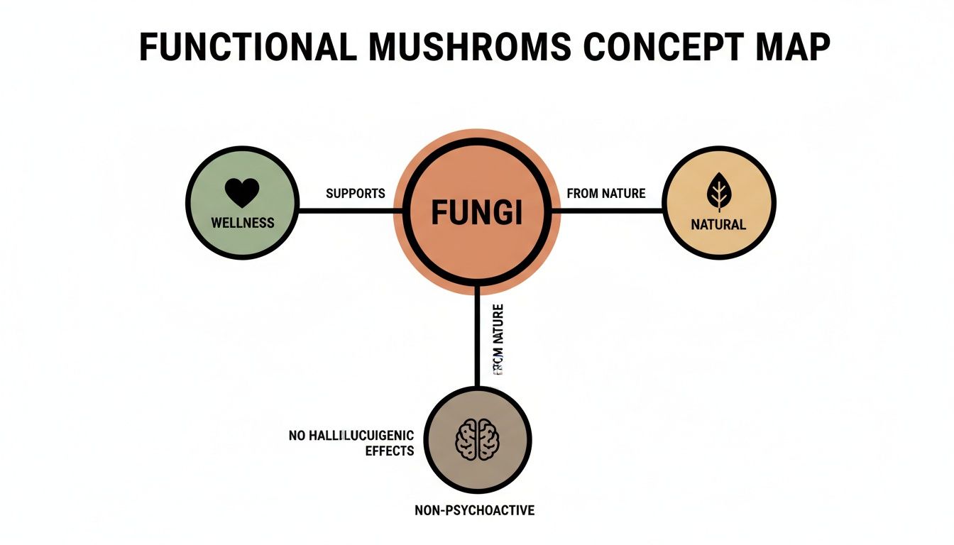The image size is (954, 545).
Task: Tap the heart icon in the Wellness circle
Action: (x=242, y=192)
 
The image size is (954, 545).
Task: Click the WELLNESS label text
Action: (x=242, y=223)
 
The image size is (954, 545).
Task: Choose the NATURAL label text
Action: (x=718, y=224)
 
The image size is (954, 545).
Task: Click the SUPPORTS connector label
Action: (x=355, y=193)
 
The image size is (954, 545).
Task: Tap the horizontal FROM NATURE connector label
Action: (x=606, y=193)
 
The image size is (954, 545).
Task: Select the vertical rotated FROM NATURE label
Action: (x=498, y=343)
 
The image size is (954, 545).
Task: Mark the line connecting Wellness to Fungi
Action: (x=348, y=211)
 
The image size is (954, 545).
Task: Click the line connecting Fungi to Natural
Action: (x=607, y=211)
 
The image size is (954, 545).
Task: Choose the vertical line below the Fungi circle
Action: (x=477, y=341)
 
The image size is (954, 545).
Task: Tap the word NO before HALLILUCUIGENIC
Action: (x=297, y=435)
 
